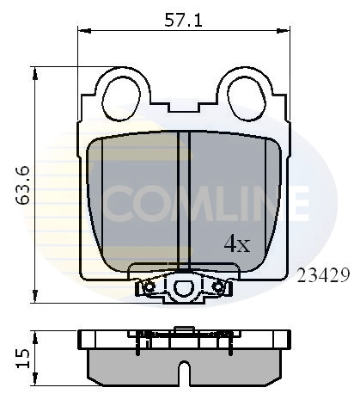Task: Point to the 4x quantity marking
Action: (235, 244)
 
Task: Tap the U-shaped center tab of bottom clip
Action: (183, 286)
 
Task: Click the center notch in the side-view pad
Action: (183, 372)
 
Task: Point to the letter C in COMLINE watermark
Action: (125, 203)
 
